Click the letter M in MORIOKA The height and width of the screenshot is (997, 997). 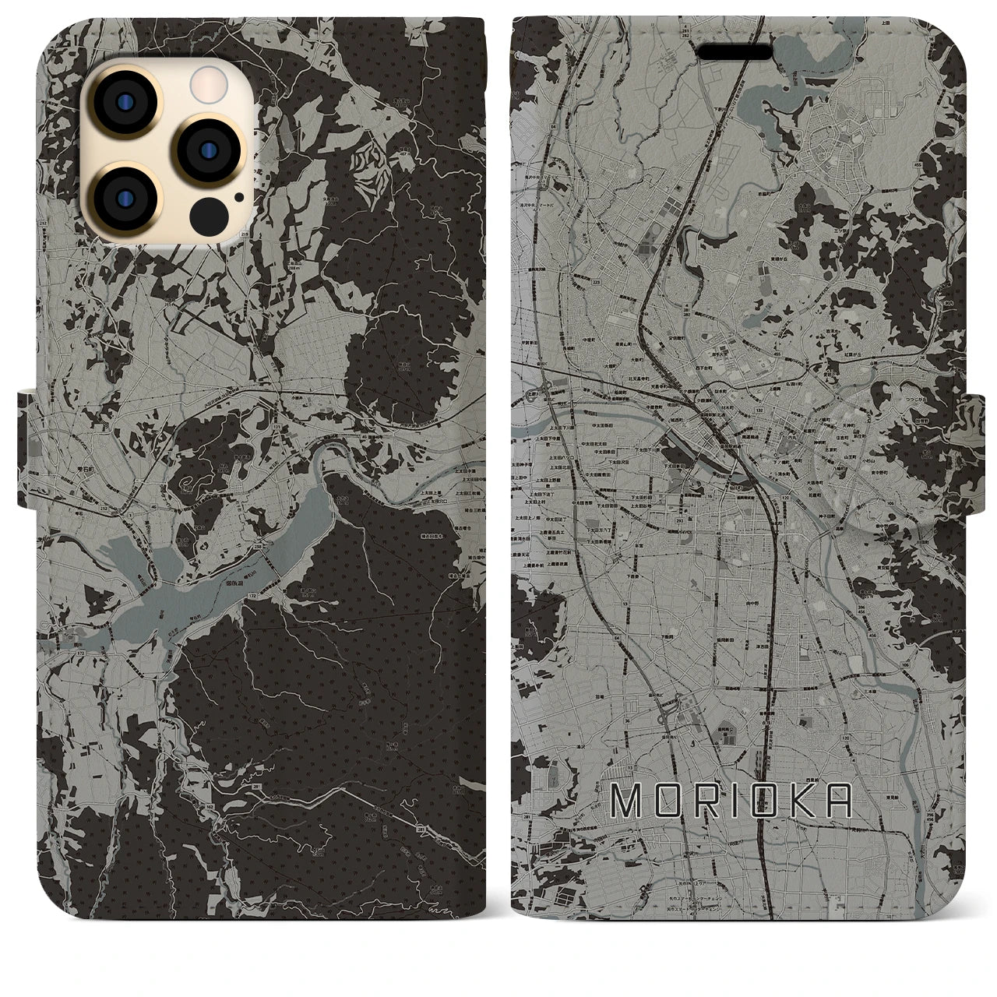click(x=626, y=801)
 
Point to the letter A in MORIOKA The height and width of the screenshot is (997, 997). click(x=837, y=801)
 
